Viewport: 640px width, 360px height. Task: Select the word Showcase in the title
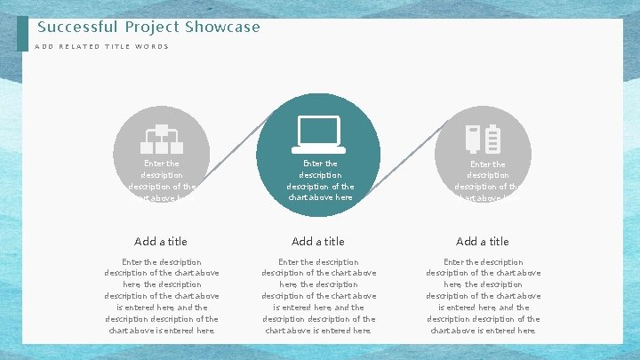click(x=222, y=27)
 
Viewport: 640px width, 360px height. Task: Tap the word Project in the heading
click(x=152, y=27)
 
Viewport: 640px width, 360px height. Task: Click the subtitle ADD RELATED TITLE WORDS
click(x=101, y=46)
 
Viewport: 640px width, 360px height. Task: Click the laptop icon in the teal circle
click(x=318, y=133)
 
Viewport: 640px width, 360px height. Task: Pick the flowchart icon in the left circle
click(x=162, y=139)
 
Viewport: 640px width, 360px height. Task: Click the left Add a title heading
click(x=161, y=241)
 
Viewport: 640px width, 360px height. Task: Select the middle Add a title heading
click(x=318, y=241)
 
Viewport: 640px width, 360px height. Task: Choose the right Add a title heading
click(x=483, y=241)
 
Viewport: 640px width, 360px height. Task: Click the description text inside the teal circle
click(x=320, y=180)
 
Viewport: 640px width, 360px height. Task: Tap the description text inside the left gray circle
click(x=162, y=180)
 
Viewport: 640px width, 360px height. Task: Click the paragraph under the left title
click(x=161, y=296)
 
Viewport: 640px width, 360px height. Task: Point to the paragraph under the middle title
click(x=318, y=296)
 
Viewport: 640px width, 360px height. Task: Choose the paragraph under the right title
click(x=483, y=296)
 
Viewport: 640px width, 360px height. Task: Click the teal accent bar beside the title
click(x=22, y=34)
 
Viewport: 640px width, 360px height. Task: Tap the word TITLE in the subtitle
click(x=116, y=46)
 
